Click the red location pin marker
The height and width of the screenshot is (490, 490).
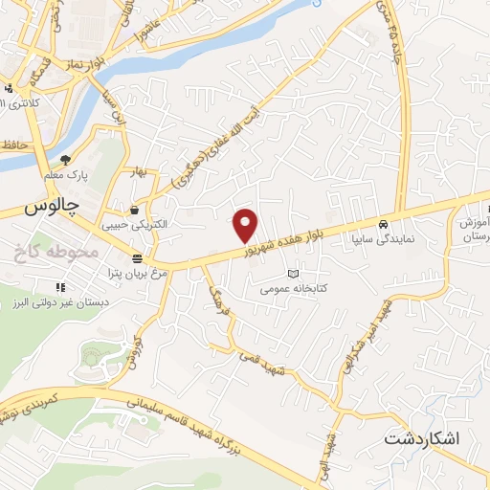[x=246, y=225]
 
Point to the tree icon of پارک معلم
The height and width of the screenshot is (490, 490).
[x=65, y=160]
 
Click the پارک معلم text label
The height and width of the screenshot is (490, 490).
[x=65, y=176]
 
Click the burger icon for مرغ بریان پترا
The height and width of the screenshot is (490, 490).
[x=137, y=259]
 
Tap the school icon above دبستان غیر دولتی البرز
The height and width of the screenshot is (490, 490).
[x=60, y=286]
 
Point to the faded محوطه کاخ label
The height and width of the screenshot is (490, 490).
[x=57, y=253]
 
